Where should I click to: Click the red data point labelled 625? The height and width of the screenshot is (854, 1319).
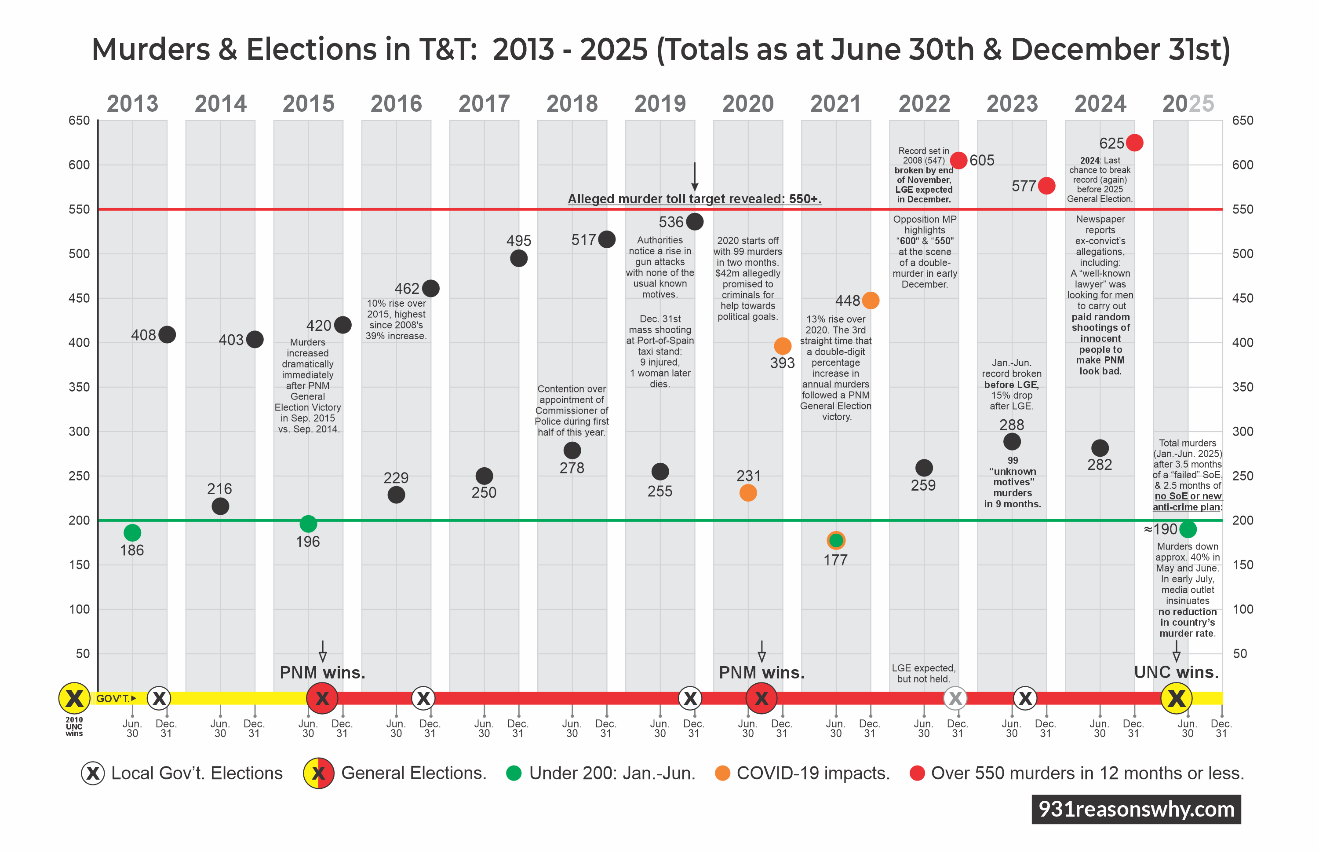click(x=1134, y=143)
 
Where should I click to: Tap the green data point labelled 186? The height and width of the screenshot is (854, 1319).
click(x=132, y=532)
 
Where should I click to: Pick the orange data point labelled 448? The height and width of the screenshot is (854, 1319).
click(x=870, y=300)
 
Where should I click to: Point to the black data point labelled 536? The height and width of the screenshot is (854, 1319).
click(x=694, y=221)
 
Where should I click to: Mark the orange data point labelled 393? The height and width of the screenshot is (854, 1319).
click(x=782, y=346)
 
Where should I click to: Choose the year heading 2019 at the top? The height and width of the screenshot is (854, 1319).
click(x=659, y=104)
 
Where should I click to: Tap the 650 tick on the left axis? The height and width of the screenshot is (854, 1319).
click(x=79, y=121)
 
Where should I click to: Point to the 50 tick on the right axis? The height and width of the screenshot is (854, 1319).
click(x=1240, y=653)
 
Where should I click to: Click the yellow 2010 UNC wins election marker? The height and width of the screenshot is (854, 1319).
click(x=74, y=698)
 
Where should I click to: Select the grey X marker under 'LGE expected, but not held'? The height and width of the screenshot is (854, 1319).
click(x=955, y=698)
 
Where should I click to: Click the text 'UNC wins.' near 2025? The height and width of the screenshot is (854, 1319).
click(x=1176, y=672)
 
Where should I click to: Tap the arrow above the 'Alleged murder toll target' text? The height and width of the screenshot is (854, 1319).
click(x=694, y=177)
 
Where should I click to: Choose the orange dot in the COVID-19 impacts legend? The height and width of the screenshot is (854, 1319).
click(x=722, y=773)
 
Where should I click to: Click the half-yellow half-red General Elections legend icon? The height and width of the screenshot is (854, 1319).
click(x=318, y=773)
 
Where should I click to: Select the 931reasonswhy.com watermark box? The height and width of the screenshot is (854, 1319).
click(x=1136, y=809)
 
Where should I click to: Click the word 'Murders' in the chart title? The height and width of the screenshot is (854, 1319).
click(x=151, y=49)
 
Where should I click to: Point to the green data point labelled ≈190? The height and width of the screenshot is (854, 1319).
click(x=1188, y=529)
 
